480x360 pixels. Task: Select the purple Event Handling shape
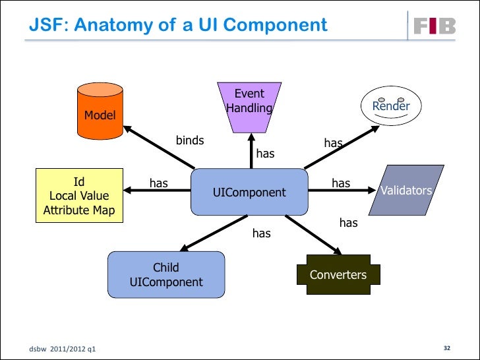[x=249, y=106]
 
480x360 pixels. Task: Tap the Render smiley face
[x=391, y=106]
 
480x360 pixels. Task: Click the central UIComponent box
[x=249, y=193]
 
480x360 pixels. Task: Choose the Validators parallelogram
[x=406, y=191]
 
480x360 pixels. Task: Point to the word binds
[x=190, y=140]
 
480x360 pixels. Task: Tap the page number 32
[x=446, y=347]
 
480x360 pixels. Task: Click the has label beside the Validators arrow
[x=341, y=183]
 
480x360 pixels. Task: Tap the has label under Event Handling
[x=265, y=154]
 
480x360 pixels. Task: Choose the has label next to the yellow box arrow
[x=158, y=183]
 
